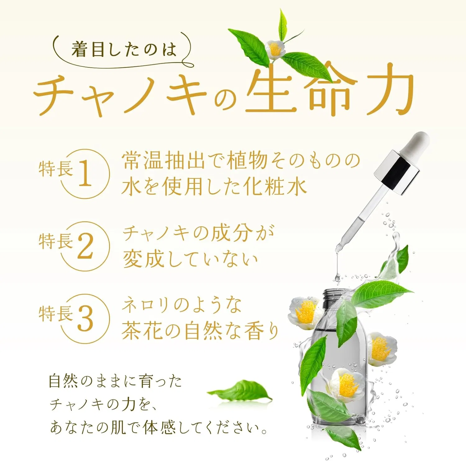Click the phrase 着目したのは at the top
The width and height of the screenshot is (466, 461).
pyautogui.click(x=124, y=50)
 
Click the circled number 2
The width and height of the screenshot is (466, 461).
pyautogui.click(x=85, y=246)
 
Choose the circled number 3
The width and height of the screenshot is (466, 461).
pyautogui.click(x=85, y=318)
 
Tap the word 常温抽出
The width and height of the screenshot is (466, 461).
pyautogui.click(x=163, y=160)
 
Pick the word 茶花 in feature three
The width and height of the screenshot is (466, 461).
pyautogui.click(x=142, y=331)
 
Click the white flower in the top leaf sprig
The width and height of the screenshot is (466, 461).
pyautogui.click(x=275, y=49)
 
